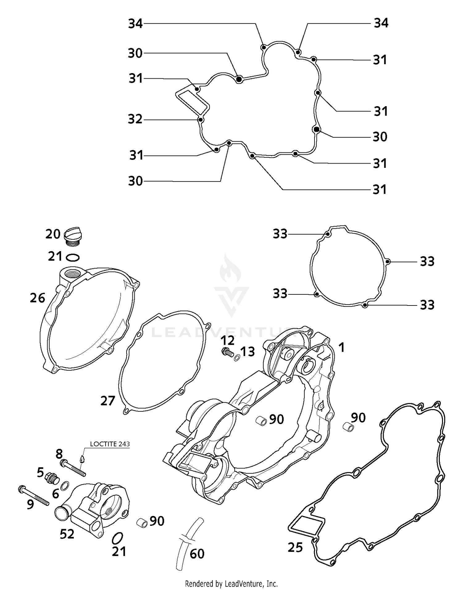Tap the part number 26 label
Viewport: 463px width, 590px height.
[37, 298]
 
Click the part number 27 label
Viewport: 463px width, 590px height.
[108, 401]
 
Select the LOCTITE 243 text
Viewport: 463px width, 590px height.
[110, 444]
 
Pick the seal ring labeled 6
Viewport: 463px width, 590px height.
[65, 487]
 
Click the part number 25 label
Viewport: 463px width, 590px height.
[295, 547]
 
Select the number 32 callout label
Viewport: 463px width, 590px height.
[135, 119]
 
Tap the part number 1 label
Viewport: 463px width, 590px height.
[341, 348]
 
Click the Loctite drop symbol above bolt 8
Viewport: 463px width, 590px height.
[82, 459]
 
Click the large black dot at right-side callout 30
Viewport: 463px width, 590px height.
[316, 129]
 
